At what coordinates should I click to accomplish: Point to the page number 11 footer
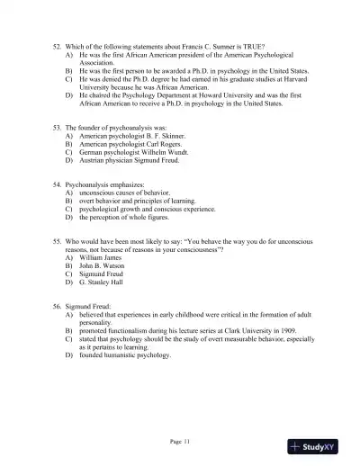point(180,440)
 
